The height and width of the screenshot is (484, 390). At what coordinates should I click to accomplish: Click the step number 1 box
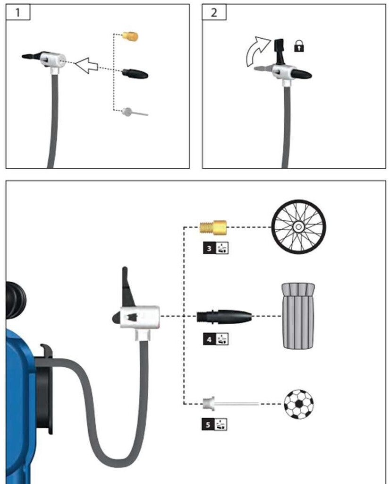[18, 12]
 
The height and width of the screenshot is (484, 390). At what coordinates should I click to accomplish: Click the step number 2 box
[214, 12]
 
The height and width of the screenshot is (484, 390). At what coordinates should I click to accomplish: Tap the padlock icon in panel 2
[299, 46]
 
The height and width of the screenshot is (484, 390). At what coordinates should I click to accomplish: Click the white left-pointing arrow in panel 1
[86, 65]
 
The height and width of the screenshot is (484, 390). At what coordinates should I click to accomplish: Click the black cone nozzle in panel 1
[135, 73]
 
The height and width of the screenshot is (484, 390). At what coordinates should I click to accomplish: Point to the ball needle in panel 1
[135, 112]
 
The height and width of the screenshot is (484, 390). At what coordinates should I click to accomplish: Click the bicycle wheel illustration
[298, 227]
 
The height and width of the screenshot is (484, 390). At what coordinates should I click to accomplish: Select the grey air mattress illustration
[298, 316]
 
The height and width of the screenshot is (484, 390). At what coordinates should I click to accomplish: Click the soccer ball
[298, 404]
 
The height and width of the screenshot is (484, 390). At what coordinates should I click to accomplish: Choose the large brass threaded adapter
[213, 227]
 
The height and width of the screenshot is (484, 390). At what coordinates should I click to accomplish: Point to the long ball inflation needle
[230, 404]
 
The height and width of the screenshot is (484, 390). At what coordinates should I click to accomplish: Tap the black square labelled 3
[209, 248]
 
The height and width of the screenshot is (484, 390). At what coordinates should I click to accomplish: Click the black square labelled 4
[209, 339]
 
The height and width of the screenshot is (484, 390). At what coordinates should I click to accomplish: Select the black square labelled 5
[208, 424]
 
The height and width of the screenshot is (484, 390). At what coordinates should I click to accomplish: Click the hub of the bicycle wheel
[298, 227]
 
